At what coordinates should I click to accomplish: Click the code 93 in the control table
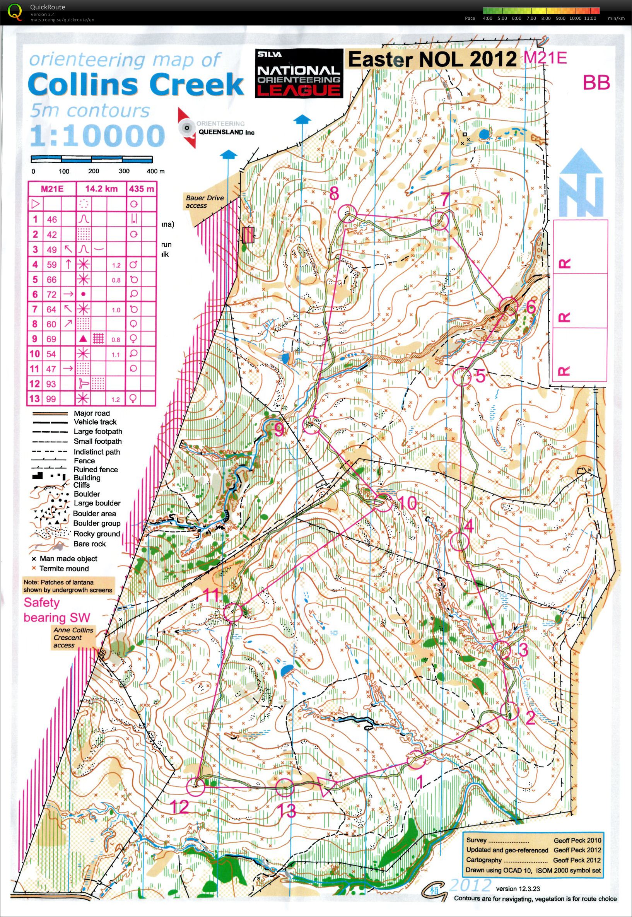pyautogui.click(x=51, y=384)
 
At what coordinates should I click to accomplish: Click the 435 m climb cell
pyautogui.click(x=141, y=189)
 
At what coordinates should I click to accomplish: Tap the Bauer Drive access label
pyautogui.click(x=205, y=202)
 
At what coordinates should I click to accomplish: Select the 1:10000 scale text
pyautogui.click(x=97, y=135)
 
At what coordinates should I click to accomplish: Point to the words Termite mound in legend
pyautogui.click(x=64, y=569)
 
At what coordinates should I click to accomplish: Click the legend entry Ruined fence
pyautogui.click(x=96, y=469)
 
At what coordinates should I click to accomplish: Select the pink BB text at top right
pyautogui.click(x=595, y=82)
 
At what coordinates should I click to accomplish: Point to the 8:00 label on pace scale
pyautogui.click(x=546, y=18)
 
